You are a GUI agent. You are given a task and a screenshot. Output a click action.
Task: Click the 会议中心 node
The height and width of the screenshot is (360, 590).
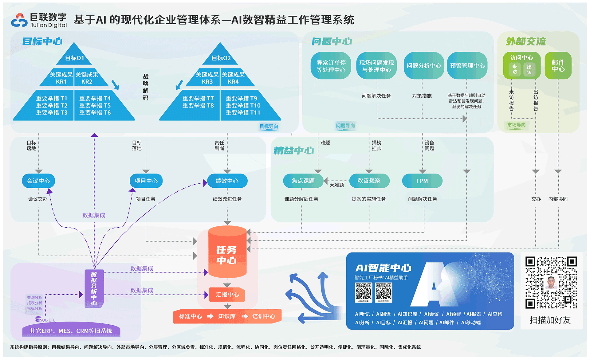38,181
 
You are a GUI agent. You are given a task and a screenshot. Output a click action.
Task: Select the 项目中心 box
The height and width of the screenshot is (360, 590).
146,181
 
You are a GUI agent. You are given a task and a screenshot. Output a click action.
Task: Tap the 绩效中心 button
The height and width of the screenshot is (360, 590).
227,181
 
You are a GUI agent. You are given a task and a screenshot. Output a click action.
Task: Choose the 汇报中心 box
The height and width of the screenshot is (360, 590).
227,295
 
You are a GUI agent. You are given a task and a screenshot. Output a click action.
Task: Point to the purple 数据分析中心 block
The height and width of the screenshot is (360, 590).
94,288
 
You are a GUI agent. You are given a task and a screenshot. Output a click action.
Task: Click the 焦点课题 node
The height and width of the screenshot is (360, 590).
303,181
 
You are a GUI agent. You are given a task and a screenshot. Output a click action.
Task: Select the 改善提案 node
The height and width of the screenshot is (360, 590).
369,181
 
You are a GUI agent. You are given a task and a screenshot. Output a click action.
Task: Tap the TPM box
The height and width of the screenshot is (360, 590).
422,181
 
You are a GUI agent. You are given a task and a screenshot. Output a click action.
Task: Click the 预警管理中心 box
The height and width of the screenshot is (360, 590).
467,66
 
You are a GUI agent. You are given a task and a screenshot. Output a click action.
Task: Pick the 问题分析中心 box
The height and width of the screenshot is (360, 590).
424,66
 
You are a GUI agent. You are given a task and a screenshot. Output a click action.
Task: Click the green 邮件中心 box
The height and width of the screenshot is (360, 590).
558,66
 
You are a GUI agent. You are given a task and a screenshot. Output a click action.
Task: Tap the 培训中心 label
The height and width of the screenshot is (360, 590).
264,316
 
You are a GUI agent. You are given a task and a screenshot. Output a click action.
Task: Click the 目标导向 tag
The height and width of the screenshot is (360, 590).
269,126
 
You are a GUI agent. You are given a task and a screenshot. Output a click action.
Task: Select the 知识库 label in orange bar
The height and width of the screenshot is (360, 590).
227,316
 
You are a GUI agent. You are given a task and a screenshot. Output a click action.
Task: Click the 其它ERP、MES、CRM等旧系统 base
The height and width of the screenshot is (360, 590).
71,331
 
